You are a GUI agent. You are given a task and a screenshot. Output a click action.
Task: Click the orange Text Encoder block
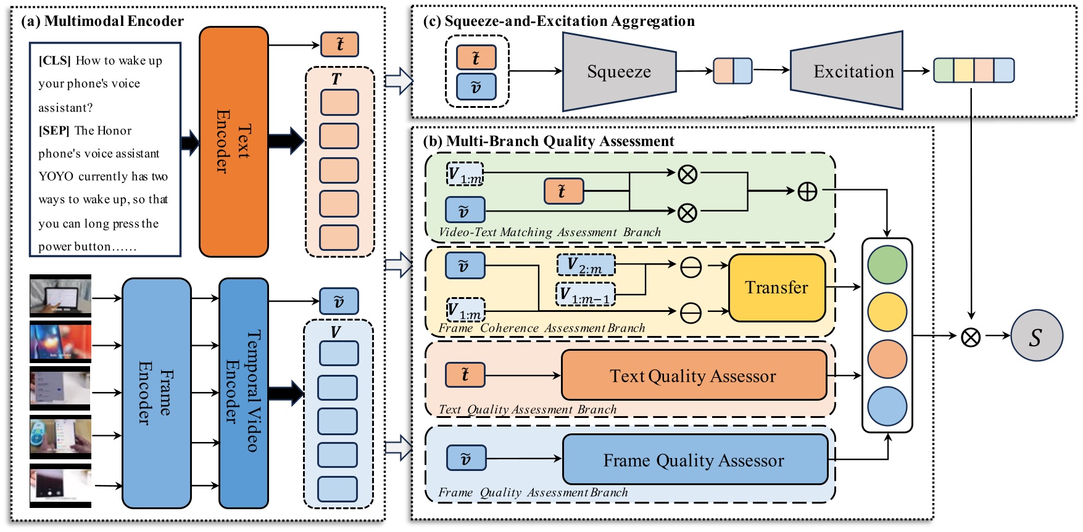coord(233,142)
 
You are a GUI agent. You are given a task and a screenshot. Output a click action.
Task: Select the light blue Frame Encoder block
coord(156,393)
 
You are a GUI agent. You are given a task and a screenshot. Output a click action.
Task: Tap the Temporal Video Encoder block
coord(244,393)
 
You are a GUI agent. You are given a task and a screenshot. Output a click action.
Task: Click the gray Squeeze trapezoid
coord(619,72)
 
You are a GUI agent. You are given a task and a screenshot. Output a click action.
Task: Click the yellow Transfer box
coord(777,287)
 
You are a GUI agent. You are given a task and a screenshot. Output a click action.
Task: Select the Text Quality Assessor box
coord(694,375)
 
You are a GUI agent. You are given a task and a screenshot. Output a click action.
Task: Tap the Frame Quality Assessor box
coord(695,460)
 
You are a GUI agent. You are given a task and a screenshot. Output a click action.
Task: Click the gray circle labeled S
coord(1036,336)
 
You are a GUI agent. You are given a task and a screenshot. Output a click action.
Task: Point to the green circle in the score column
coord(887,265)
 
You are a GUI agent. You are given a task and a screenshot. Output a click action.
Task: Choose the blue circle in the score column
coord(887,406)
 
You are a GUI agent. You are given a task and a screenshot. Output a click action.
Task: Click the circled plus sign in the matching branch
coord(807,192)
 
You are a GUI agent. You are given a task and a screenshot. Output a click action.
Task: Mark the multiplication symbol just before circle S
coord(971,337)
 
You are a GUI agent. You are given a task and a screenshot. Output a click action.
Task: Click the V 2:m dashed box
coord(586,266)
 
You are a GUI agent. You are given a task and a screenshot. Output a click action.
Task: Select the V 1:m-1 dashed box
coord(586,295)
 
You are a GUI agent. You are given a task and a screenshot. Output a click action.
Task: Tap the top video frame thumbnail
coord(60,297)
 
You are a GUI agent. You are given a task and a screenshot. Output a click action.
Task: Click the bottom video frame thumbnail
coord(60,486)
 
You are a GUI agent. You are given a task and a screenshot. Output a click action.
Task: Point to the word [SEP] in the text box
coord(54,131)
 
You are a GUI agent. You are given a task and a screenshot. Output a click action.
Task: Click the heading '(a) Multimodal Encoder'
coord(102,22)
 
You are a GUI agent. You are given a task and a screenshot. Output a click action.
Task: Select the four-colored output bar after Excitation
coord(973,70)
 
